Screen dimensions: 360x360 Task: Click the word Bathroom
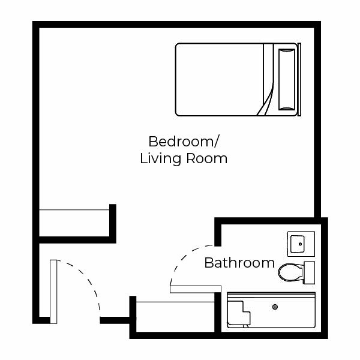[x=239, y=263]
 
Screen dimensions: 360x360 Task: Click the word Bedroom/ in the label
[x=184, y=142]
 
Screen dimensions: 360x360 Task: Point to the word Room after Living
[x=206, y=158]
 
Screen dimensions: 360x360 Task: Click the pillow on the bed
[x=287, y=79]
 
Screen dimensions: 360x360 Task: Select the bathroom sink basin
[x=298, y=244]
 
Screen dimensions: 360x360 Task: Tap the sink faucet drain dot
[x=301, y=244]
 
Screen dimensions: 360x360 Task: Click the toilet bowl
[x=290, y=272]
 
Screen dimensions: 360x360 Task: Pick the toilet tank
[x=309, y=272]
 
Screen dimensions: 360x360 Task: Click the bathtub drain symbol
[x=275, y=307]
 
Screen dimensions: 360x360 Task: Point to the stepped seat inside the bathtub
[x=239, y=313]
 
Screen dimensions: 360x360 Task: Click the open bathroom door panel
[x=196, y=289]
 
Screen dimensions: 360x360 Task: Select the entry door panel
[x=53, y=292]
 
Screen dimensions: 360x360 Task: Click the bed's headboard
[x=299, y=79]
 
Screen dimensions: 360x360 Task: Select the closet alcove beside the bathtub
[x=175, y=317]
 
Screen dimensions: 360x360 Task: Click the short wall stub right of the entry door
[x=115, y=320]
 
